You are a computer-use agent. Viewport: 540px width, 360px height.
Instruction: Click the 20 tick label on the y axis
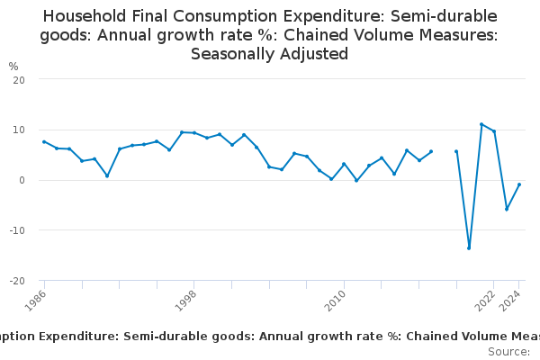pyautogui.click(x=18, y=79)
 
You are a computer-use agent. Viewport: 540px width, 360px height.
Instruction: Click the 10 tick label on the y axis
pyautogui.click(x=18, y=130)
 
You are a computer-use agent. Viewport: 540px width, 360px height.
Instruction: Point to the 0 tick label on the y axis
pyautogui.click(x=21, y=180)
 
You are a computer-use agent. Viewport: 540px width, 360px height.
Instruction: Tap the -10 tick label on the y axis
pyautogui.click(x=16, y=230)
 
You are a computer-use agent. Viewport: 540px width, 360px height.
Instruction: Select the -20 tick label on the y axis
pyautogui.click(x=16, y=281)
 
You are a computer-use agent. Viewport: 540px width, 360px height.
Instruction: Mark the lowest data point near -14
pyautogui.click(x=469, y=247)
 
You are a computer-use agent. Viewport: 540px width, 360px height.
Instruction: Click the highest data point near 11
pyautogui.click(x=481, y=124)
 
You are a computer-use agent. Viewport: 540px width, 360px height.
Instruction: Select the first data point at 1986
pyautogui.click(x=44, y=141)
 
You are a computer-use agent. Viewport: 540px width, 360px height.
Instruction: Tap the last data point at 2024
pyautogui.click(x=519, y=184)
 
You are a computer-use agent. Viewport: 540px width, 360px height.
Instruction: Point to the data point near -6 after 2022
pyautogui.click(x=507, y=209)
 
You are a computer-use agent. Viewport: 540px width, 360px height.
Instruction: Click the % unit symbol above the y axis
pyautogui.click(x=13, y=67)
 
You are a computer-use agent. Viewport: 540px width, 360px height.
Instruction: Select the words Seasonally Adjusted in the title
pyautogui.click(x=270, y=53)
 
